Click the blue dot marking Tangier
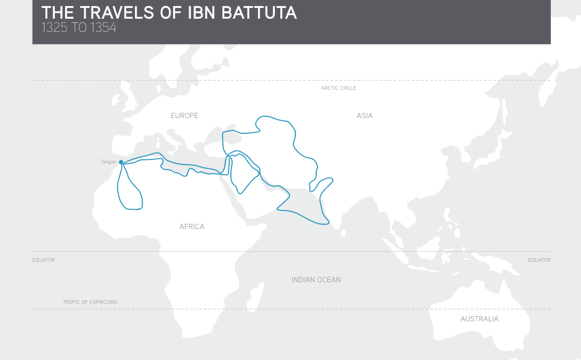pos(121,162)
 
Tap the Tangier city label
pos(108,162)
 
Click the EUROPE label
pos(184,116)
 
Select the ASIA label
pos(365,116)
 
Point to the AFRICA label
pos(192,227)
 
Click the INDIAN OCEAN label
pos(316,280)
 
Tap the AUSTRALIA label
pos(479,319)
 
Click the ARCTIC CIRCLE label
pos(338,88)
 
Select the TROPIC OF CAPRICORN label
pos(90,302)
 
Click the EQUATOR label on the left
pos(43,260)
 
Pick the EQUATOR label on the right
pos(539,260)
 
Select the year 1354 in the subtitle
pos(102,27)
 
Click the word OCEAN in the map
pos(329,280)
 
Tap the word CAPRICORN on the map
pos(104,302)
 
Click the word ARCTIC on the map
pos(330,88)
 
